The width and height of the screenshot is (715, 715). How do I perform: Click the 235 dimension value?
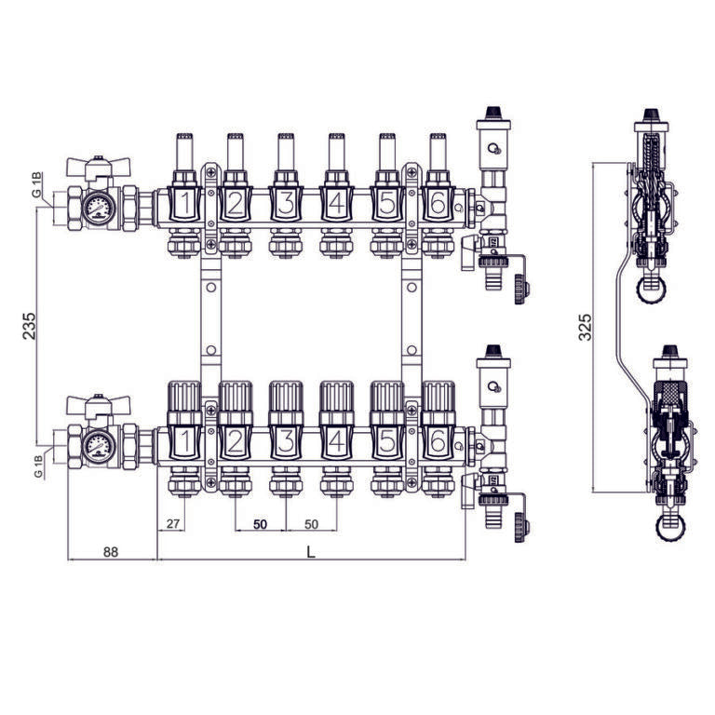click(29, 326)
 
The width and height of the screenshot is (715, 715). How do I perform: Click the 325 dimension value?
click(584, 327)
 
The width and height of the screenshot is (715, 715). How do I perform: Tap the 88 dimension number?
click(111, 552)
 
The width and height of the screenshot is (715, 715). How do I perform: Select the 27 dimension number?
click(173, 523)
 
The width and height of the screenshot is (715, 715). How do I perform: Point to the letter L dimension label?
click(311, 552)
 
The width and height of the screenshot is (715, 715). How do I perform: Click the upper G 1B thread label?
click(37, 184)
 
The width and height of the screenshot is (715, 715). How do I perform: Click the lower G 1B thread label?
click(38, 466)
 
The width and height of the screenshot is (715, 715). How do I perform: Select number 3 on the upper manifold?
click(286, 203)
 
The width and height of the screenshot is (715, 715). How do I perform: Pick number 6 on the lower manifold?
click(438, 441)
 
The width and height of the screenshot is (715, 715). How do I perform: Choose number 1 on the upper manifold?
click(184, 203)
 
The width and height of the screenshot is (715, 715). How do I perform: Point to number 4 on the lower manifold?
click(336, 441)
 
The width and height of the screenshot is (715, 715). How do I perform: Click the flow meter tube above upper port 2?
click(236, 153)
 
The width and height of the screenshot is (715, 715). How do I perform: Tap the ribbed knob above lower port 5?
click(387, 397)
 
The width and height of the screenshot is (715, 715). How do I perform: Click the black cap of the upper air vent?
click(493, 112)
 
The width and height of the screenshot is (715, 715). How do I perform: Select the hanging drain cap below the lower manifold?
click(521, 528)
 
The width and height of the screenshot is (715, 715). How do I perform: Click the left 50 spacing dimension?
click(260, 524)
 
